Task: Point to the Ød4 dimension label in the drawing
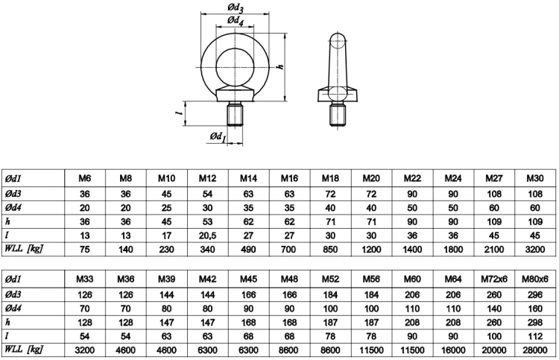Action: pos(236,21)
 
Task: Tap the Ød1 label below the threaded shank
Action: pos(218,137)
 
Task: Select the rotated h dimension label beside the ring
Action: pos(280,66)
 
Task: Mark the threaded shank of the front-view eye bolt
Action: pos(236,114)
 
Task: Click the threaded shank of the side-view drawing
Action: pos(338,114)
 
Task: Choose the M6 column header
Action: pos(85,178)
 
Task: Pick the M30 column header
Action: pos(534,178)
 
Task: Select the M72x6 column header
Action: pos(493,279)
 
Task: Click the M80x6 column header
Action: pos(534,279)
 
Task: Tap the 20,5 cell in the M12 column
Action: pos(207,236)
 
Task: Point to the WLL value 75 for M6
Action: pos(85,249)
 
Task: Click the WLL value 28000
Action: pos(534,350)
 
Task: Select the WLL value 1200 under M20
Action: pos(371,249)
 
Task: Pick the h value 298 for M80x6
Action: pos(534,323)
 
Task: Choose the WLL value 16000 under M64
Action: pos(453,350)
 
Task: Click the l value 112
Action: pos(534,336)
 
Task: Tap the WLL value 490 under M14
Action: pos(248,249)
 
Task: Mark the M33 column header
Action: pos(85,279)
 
